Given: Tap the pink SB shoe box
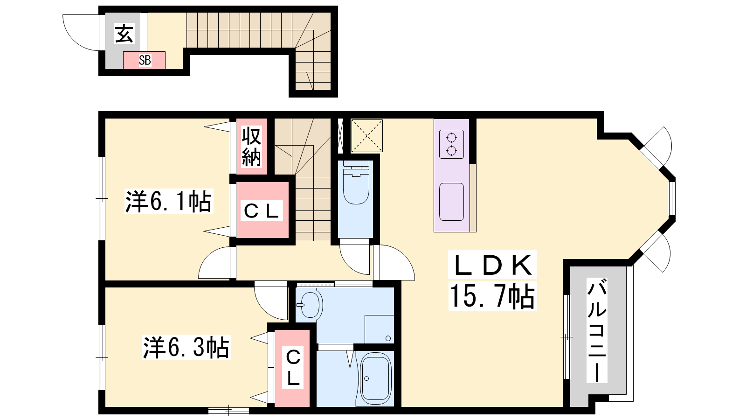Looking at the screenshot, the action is point(144,60).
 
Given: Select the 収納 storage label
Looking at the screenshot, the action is point(251,147).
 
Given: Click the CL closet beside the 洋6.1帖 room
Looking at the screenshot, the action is point(262,210).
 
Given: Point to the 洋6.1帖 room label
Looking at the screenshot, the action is point(168,201).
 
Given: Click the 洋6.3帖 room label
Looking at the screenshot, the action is point(186,347).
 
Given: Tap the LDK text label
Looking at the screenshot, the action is point(492,264).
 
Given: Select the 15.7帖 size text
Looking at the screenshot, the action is point(492,296).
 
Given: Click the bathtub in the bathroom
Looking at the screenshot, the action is point(376,378).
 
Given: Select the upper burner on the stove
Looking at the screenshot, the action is point(452,138).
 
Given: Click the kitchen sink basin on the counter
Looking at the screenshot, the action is point(452,202).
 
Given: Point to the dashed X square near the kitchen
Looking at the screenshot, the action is point(366,136).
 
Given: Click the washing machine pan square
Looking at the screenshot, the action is point(380,329).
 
